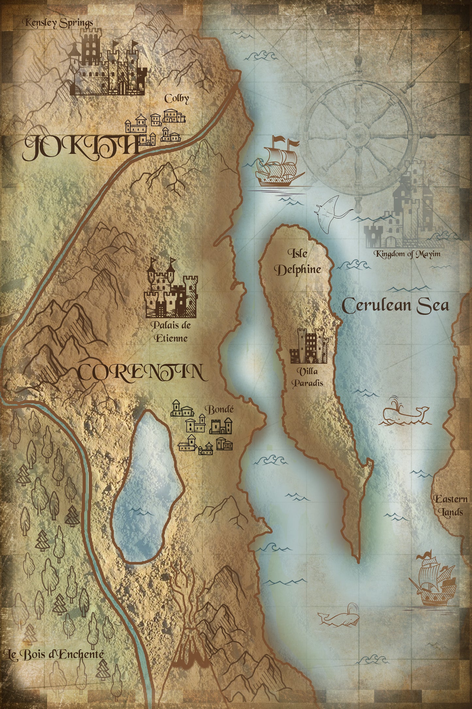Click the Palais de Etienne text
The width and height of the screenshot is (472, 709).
(171, 332)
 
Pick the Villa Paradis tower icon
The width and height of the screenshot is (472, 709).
(309, 346)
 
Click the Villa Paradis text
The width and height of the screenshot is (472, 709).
(307, 377)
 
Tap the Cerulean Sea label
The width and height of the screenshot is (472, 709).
(395, 305)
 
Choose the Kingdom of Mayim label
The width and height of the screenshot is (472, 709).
(407, 254)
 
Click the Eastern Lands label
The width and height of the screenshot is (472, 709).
(450, 506)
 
